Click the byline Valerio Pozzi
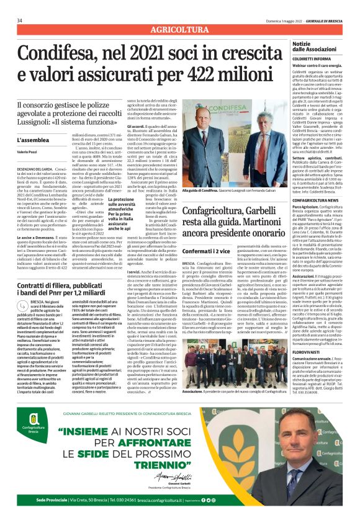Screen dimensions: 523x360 (x=28, y=152)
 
